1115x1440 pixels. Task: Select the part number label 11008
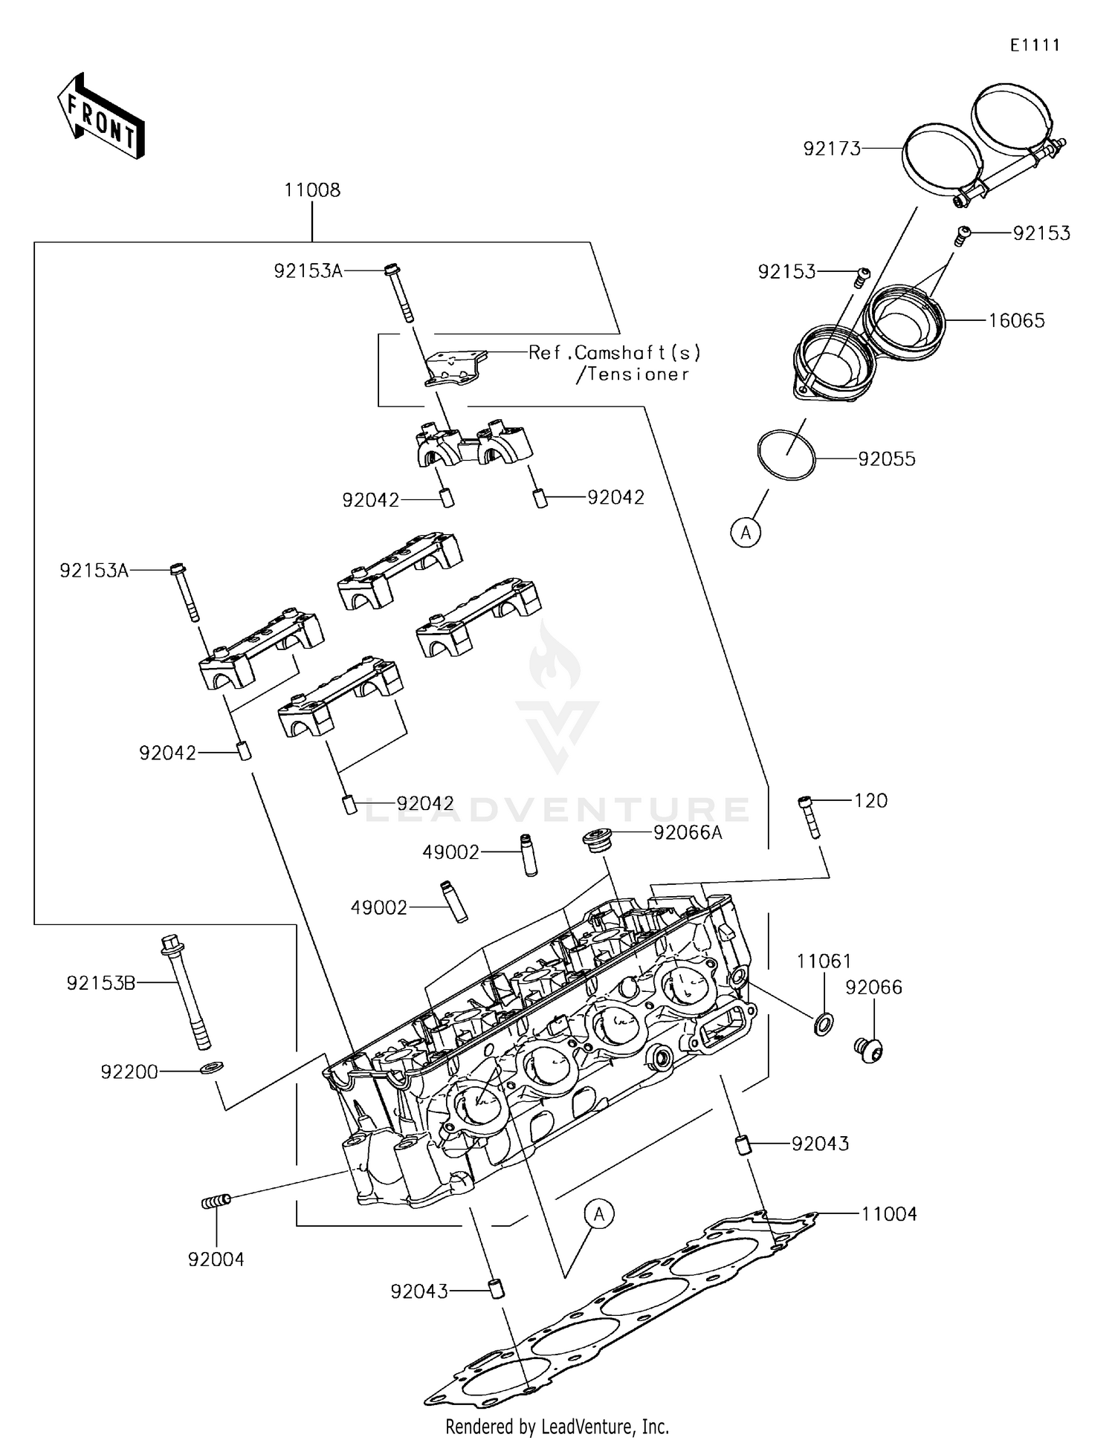[312, 190]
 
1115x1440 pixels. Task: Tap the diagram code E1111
[1034, 45]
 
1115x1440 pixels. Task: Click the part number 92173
[832, 149]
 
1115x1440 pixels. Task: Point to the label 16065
[1016, 321]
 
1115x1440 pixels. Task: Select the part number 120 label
[870, 800]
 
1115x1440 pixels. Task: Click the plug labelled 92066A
[596, 839]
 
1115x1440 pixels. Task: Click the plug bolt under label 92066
[867, 1049]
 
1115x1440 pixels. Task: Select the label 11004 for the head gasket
[889, 1214]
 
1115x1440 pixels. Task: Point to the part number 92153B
[101, 983]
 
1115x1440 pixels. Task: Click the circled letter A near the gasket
[599, 1214]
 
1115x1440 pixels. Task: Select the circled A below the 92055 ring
[746, 532]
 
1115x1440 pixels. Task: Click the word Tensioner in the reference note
[638, 374]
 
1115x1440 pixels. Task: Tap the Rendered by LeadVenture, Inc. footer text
[557, 1426]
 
